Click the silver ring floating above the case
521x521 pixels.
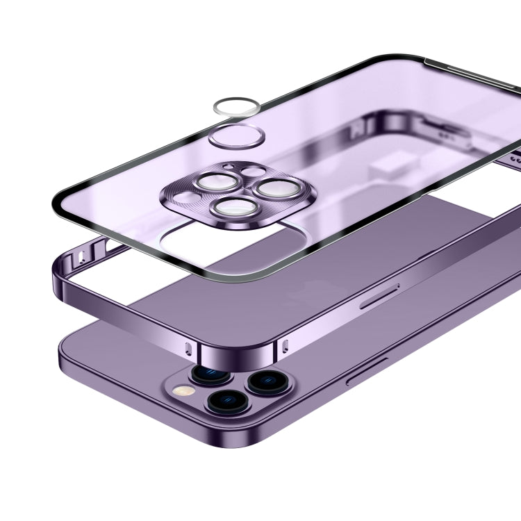point(237,106)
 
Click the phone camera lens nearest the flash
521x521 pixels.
point(206,374)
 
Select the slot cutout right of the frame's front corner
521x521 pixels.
point(284,345)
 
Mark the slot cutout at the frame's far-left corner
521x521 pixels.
point(82,258)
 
